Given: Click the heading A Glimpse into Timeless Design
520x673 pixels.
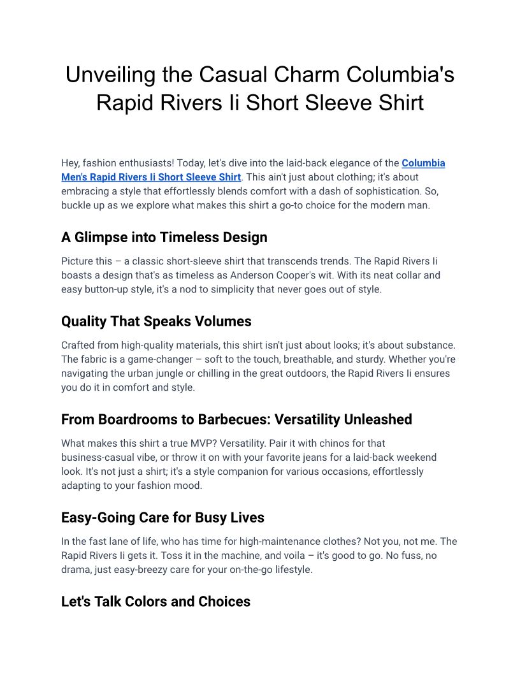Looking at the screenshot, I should pyautogui.click(x=164, y=237).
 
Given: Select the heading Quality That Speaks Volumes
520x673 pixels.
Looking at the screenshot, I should pyautogui.click(x=156, y=321).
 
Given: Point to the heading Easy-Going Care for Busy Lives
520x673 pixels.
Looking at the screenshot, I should pyautogui.click(x=162, y=517).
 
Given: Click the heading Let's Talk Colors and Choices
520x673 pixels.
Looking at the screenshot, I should pyautogui.click(x=155, y=602).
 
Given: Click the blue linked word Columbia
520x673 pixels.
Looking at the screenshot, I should pyautogui.click(x=423, y=163).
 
